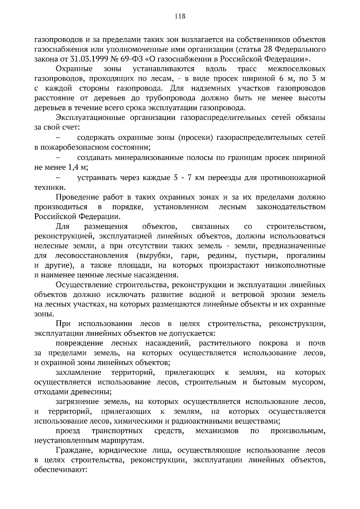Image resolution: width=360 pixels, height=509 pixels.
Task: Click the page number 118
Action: click(180, 16)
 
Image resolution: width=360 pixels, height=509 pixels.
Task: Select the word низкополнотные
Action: click(295, 266)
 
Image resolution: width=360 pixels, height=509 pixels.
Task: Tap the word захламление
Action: click(78, 373)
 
